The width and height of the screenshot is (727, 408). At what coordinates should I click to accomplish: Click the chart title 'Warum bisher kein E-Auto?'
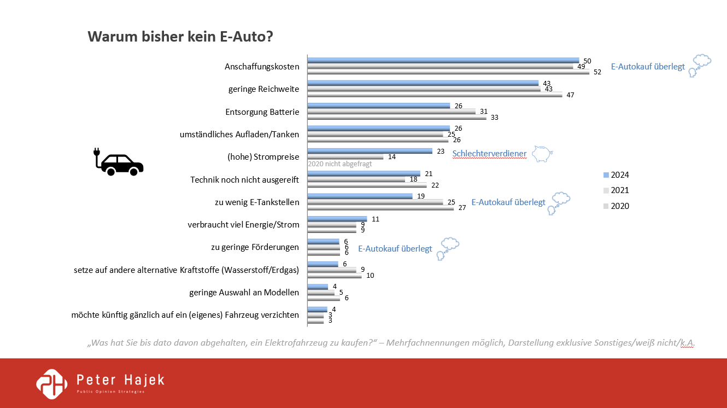coord(180,37)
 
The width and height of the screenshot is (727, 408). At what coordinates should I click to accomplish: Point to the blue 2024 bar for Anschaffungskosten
coord(443,60)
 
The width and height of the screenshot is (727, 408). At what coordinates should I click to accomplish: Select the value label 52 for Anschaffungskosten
coord(597,72)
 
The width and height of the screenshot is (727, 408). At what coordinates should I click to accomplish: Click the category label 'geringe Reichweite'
coord(263,89)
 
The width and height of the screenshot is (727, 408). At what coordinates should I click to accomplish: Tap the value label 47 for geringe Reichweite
coord(570,95)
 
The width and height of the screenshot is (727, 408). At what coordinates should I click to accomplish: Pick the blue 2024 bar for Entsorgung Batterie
coord(379,106)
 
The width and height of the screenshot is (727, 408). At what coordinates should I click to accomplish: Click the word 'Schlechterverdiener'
coord(490,154)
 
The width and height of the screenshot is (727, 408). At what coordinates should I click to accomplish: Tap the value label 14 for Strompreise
coord(391,157)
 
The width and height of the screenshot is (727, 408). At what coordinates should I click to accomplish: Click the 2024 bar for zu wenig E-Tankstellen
coord(360,196)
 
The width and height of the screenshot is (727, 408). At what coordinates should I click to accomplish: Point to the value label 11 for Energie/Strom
coord(374,219)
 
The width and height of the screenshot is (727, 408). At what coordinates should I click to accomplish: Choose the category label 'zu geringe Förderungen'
coord(255,247)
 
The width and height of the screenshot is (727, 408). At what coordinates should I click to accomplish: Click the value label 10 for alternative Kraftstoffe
coord(370,275)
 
